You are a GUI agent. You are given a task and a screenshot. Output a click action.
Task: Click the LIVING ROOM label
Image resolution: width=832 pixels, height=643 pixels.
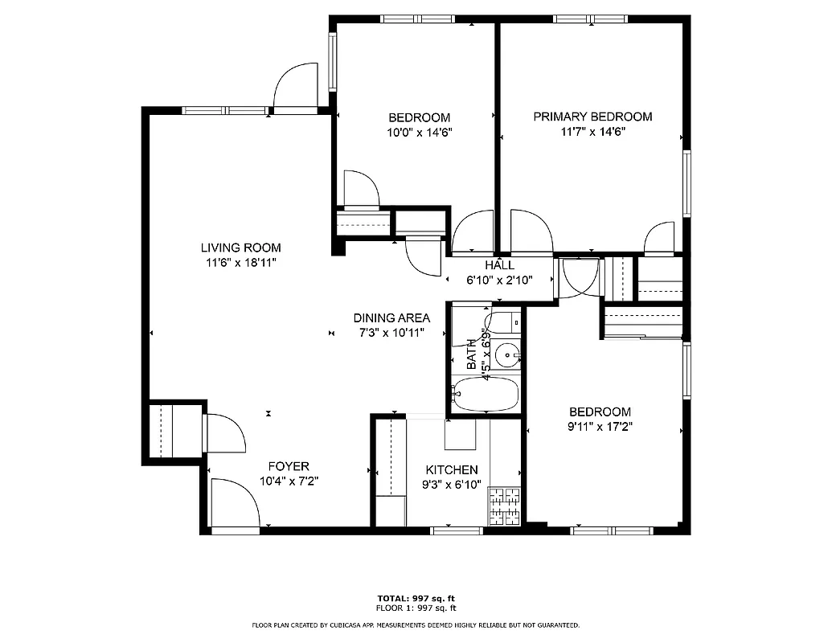tap(240, 248)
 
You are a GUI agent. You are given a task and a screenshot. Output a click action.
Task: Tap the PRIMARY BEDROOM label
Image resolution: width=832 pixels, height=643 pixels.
tap(592, 117)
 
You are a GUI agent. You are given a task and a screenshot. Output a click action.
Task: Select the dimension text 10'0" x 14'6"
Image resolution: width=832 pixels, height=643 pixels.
tap(419, 133)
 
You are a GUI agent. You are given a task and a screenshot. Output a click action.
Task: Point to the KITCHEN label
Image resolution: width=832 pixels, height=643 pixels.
tap(452, 470)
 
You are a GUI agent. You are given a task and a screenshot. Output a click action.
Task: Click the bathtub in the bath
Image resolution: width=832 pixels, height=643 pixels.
tap(486, 394)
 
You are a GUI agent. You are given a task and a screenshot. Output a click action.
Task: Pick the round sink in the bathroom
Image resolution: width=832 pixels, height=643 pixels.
tap(507, 353)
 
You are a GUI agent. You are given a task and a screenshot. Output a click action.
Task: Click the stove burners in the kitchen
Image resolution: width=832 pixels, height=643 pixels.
tap(505, 506)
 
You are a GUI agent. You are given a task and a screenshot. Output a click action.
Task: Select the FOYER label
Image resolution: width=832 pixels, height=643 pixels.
tap(288, 466)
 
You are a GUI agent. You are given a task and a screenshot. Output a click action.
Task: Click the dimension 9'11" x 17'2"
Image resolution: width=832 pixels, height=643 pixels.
tap(599, 427)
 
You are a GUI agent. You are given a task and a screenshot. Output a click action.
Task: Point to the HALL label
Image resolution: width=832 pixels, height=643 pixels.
tap(499, 265)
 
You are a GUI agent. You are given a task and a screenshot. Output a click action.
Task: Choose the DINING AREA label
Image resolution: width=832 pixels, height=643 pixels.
tap(391, 317)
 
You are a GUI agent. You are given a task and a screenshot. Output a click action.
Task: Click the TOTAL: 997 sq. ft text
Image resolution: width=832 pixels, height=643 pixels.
tap(416, 598)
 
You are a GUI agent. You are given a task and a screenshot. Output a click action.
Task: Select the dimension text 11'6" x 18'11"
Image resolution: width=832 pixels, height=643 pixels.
tap(240, 263)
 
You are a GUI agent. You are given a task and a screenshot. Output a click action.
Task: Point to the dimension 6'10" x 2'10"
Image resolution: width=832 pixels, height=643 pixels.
tap(499, 281)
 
